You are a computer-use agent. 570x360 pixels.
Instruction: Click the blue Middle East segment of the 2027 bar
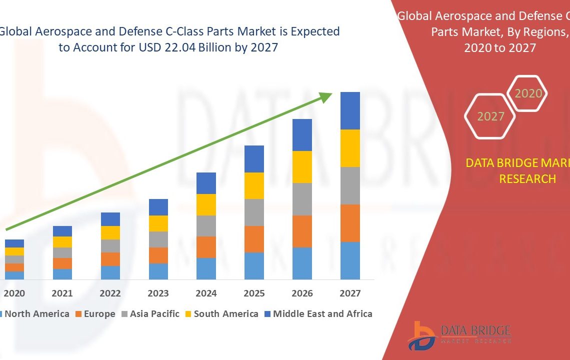pos(350,110)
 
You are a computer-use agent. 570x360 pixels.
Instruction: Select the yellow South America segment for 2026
pos(302,167)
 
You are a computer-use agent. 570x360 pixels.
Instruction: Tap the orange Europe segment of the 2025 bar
pos(254,239)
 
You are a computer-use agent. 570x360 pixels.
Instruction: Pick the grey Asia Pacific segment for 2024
pos(206,226)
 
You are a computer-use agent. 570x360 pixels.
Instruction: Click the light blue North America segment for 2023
pos(158,271)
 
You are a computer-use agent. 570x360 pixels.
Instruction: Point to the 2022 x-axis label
pos(110,293)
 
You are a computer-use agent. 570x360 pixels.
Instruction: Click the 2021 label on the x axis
pos(62,293)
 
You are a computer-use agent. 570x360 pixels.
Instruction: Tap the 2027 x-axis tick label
pos(350,293)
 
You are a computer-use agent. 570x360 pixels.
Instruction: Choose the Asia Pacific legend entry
pos(154,314)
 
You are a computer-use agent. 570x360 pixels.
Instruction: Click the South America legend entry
pos(225,314)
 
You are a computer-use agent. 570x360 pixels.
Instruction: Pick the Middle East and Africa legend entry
pos(322,314)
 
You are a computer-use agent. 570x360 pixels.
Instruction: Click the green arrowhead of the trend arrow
pos(326,97)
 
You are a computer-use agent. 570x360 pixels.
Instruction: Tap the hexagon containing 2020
pos(527,93)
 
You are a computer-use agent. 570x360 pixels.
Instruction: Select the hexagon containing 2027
pos(490,116)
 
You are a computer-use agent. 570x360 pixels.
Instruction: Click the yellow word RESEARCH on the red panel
pos(527,178)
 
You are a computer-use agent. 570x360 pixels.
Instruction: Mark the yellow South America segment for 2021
pos(62,242)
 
